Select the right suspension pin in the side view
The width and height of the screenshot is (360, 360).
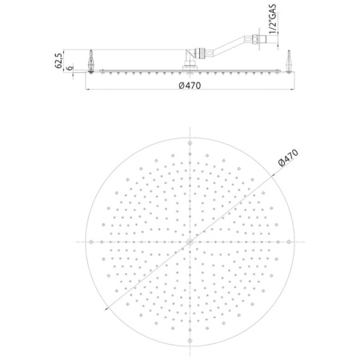click(287, 61)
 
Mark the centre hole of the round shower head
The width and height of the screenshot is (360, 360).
click(190, 241)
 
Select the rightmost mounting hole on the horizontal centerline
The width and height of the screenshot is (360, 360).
click(287, 241)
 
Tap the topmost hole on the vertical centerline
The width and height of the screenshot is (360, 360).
click(190, 144)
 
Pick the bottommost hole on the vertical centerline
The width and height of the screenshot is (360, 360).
click(190, 338)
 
